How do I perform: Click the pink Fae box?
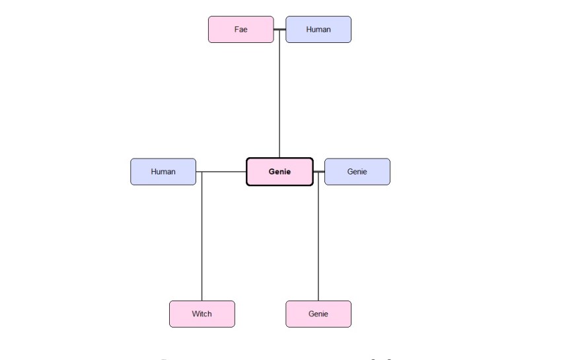(240, 30)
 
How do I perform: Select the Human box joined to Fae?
(318, 30)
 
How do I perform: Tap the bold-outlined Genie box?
(279, 172)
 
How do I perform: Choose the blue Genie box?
(357, 172)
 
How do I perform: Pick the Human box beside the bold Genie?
(163, 172)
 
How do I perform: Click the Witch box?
(202, 314)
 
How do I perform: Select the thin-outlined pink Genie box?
(318, 314)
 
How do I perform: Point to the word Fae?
(240, 30)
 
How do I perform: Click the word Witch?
(202, 314)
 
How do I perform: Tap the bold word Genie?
(279, 172)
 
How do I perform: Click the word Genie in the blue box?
(357, 172)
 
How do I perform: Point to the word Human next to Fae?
(318, 30)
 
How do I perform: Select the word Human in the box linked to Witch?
(163, 172)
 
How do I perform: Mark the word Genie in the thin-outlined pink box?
(318, 314)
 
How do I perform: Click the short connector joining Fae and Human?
(279, 30)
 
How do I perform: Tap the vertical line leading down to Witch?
(202, 238)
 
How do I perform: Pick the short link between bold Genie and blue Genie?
(318, 172)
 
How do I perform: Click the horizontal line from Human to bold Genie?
(221, 172)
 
